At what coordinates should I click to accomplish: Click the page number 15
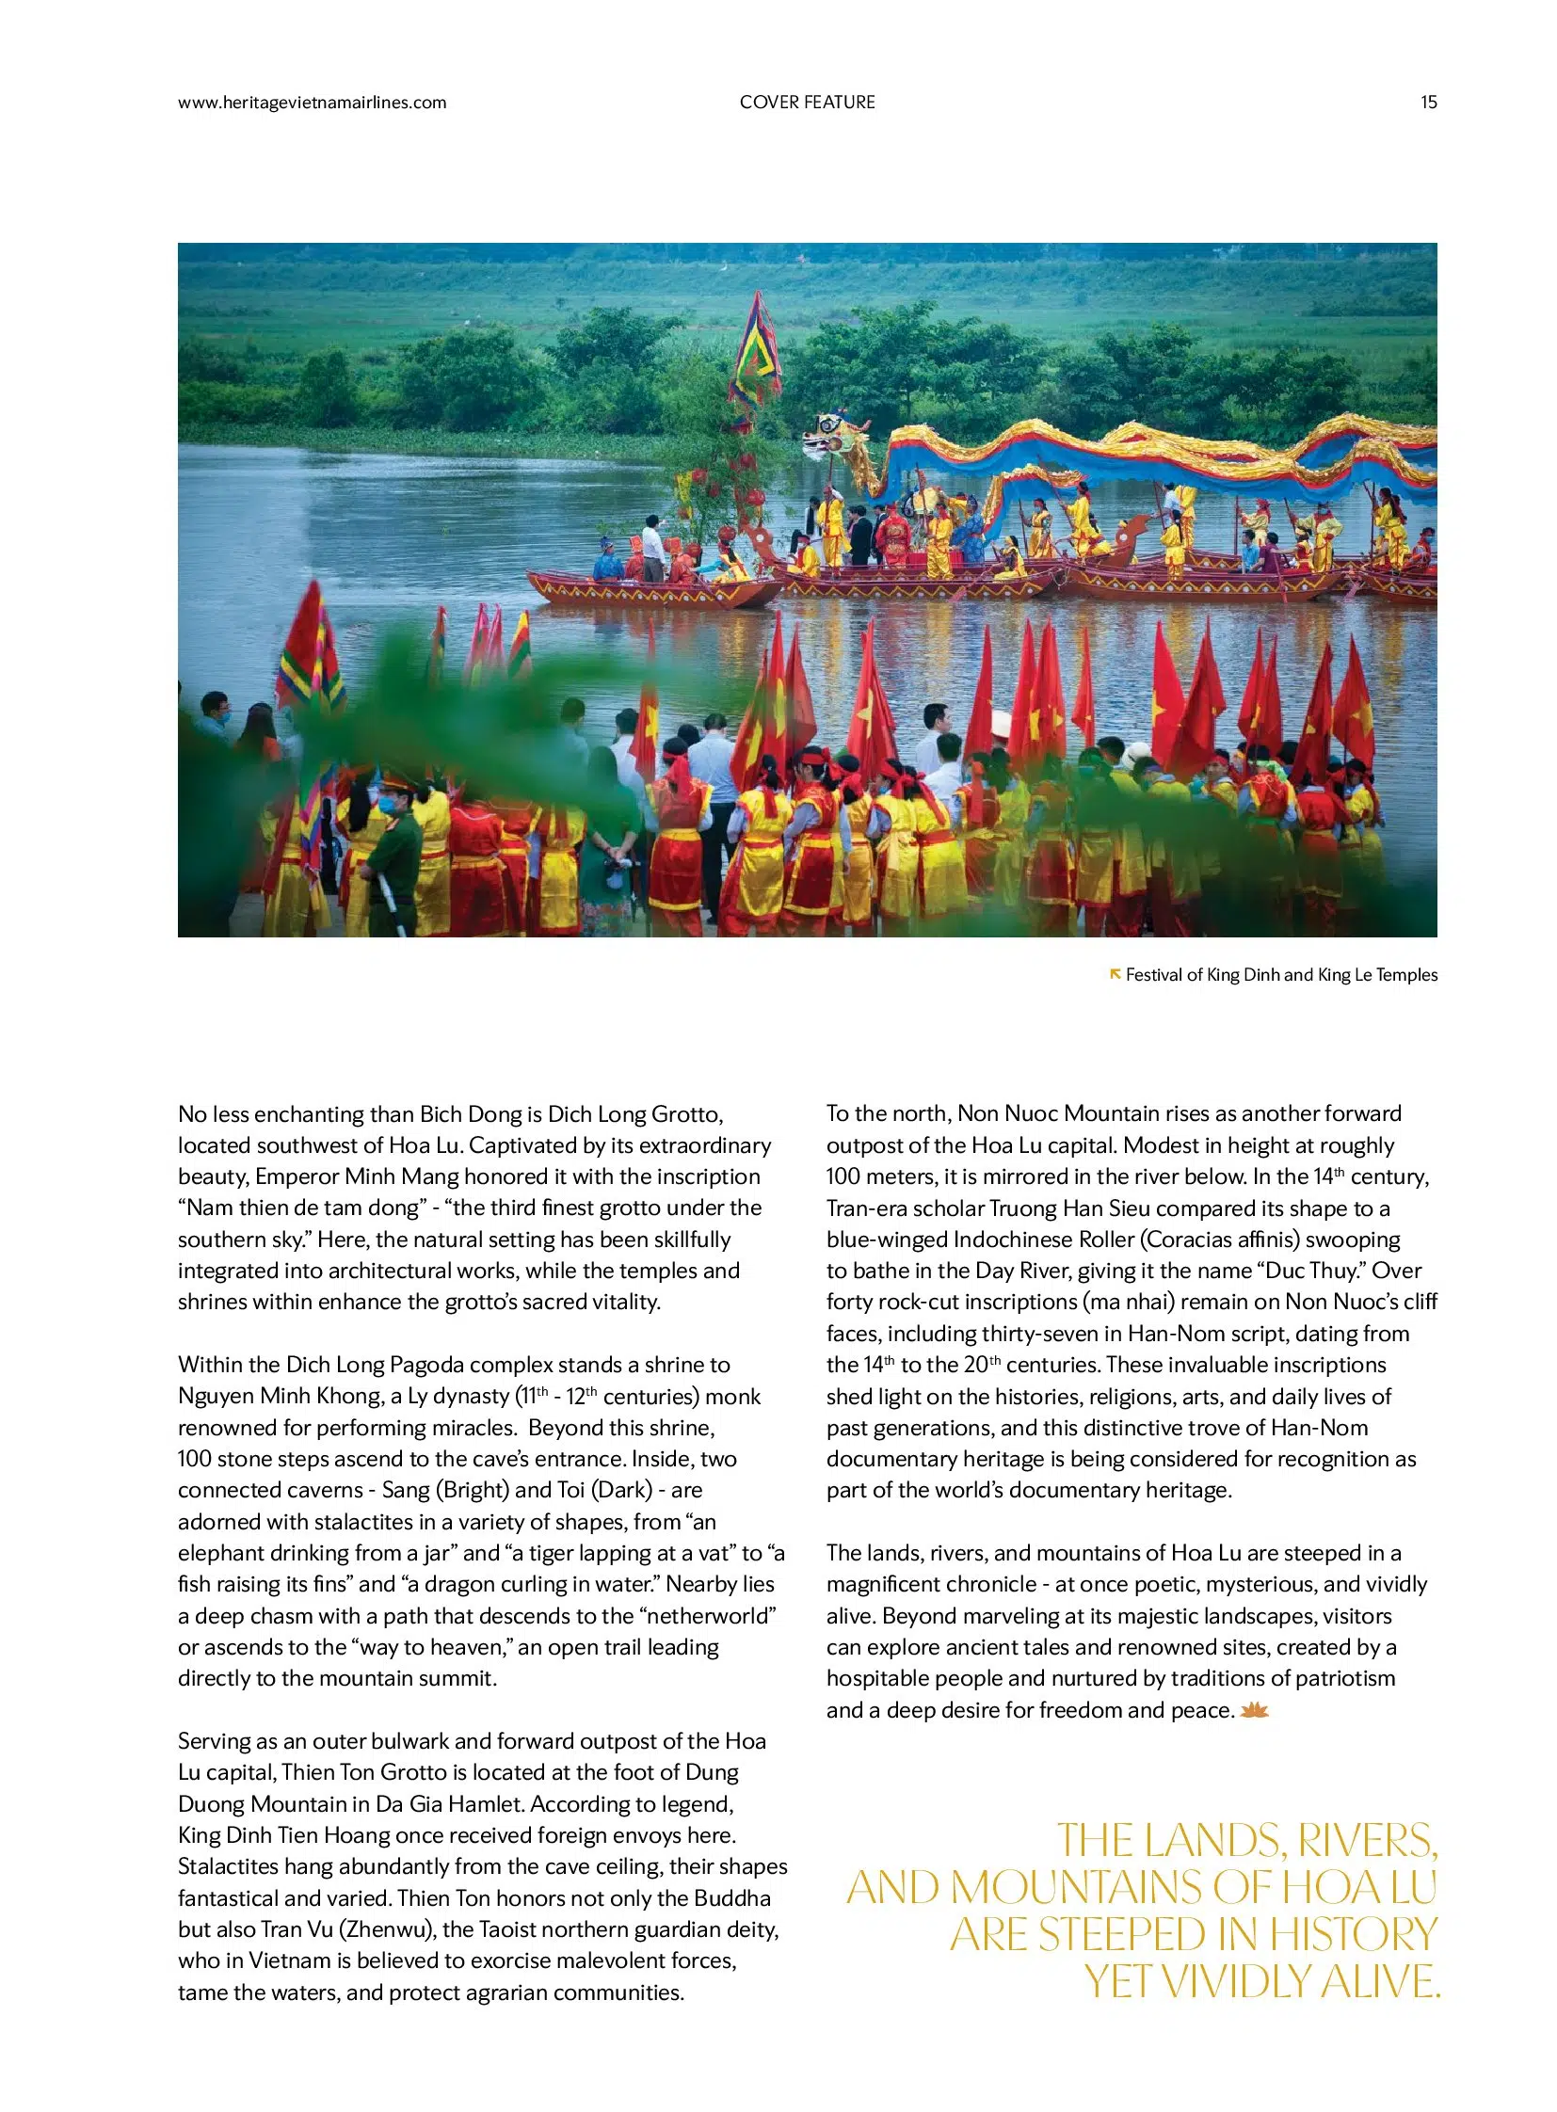[x=1428, y=103]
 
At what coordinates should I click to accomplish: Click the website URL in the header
[x=312, y=103]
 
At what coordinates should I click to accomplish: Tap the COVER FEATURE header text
[x=807, y=103]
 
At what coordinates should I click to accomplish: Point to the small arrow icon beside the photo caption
[x=1115, y=973]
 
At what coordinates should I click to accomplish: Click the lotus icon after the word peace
[x=1254, y=1710]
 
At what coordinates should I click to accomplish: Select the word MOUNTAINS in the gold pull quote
[x=1076, y=1888]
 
